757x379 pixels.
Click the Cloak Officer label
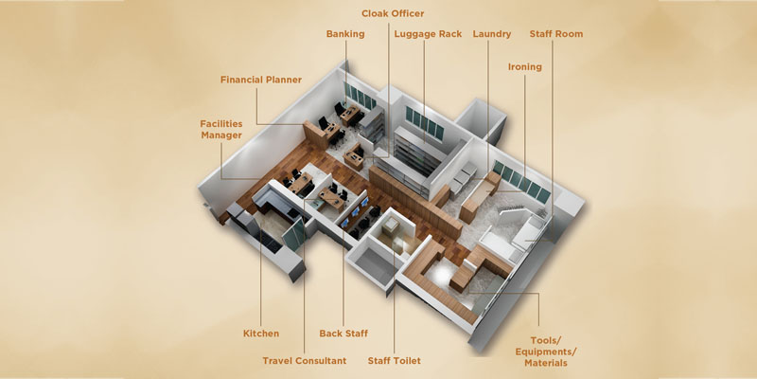click(393, 13)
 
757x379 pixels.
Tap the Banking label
click(345, 34)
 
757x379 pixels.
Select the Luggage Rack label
click(427, 34)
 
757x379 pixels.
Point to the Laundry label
click(491, 34)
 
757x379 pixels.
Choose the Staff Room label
click(555, 34)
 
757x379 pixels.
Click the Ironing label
click(524, 67)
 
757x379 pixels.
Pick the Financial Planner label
click(261, 81)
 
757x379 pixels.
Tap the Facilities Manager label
click(220, 130)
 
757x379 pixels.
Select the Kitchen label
click(261, 334)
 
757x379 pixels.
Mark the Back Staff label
click(343, 334)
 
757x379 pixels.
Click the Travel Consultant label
click(305, 360)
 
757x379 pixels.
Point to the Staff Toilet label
click(394, 360)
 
